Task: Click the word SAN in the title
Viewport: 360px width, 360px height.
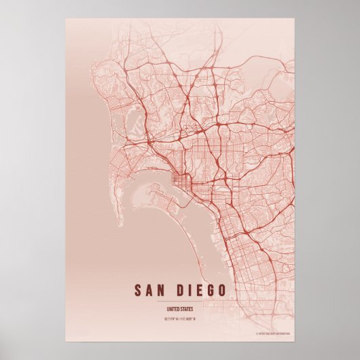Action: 151,290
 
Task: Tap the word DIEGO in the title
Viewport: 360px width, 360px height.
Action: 197,290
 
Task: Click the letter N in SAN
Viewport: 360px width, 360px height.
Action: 162,290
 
